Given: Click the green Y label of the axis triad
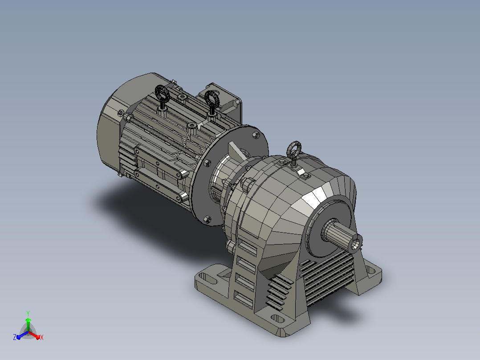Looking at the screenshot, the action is tap(28, 313).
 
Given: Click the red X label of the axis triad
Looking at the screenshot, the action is tap(42, 337).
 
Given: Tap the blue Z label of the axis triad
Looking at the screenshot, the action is tap(15, 337).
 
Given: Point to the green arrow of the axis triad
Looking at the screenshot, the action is tap(28, 324).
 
